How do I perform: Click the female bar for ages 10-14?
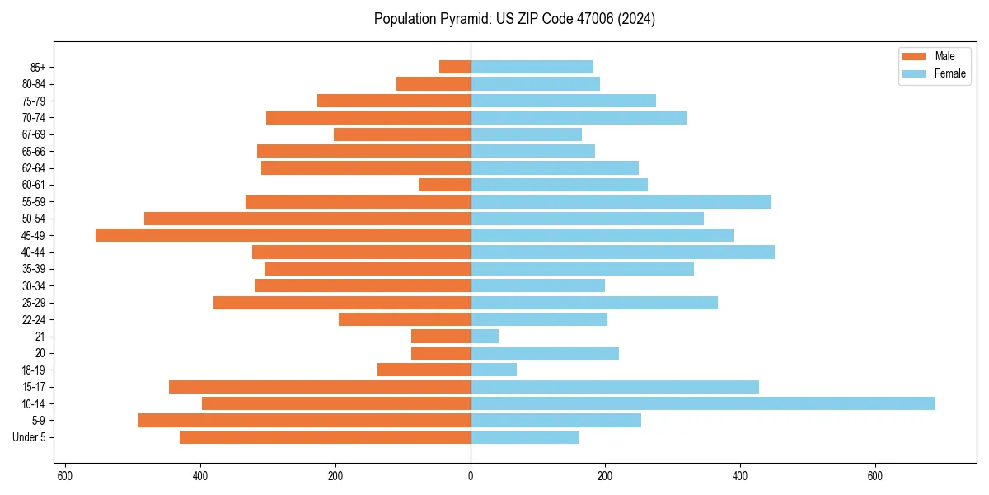(702, 403)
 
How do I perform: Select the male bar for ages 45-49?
(283, 235)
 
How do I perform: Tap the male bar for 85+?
(455, 67)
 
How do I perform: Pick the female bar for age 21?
(485, 337)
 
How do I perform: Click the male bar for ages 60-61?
(444, 185)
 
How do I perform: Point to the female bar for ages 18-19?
(494, 370)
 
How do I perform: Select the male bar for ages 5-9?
(304, 420)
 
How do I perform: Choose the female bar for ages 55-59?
(621, 201)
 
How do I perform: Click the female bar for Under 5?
(524, 437)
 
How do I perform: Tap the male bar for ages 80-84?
(434, 83)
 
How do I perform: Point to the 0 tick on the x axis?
(471, 476)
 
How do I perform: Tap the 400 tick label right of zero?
(740, 476)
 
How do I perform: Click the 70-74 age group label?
(34, 117)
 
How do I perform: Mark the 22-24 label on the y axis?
(34, 319)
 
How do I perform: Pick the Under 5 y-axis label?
(30, 437)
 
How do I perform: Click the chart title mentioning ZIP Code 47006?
(514, 19)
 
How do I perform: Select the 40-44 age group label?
(34, 252)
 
